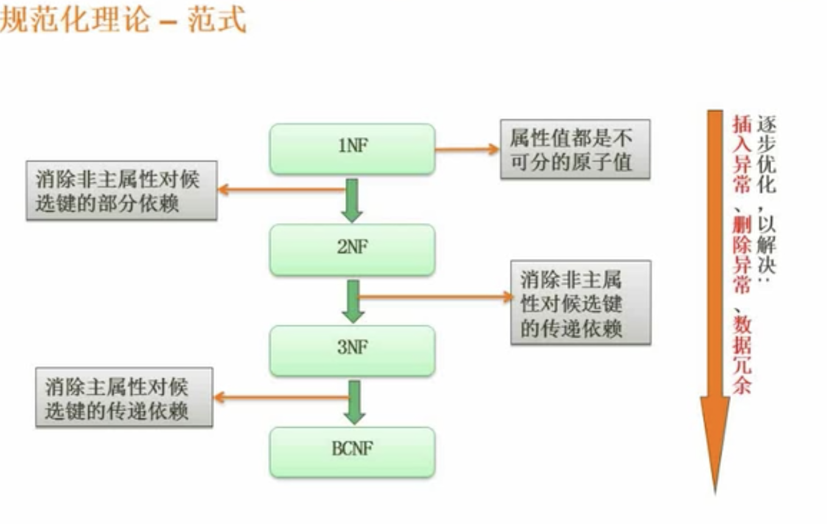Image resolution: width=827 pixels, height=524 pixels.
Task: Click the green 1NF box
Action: [x=352, y=149]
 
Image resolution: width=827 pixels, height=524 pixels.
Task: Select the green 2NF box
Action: [x=352, y=249]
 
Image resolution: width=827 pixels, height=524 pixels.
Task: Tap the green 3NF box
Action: [x=352, y=350]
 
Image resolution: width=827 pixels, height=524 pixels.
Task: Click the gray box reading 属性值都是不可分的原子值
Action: [x=574, y=149]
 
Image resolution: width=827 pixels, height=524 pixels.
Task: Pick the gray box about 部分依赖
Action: [x=121, y=190]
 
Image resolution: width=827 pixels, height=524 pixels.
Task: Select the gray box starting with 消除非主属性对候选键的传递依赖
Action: [x=580, y=302]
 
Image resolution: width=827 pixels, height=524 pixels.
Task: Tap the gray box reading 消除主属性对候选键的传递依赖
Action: [x=124, y=397]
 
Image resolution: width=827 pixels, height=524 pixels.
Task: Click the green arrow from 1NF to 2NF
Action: [x=352, y=200]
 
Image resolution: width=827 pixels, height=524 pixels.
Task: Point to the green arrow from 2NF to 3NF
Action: [x=353, y=301]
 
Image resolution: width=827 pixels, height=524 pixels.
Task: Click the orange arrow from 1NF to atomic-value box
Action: [x=466, y=149]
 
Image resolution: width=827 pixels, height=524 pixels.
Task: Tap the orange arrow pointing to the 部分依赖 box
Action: [x=280, y=190]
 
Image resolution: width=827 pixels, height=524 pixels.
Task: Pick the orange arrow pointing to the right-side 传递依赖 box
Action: [x=435, y=297]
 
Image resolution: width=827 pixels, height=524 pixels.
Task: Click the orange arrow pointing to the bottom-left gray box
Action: [x=280, y=398]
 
